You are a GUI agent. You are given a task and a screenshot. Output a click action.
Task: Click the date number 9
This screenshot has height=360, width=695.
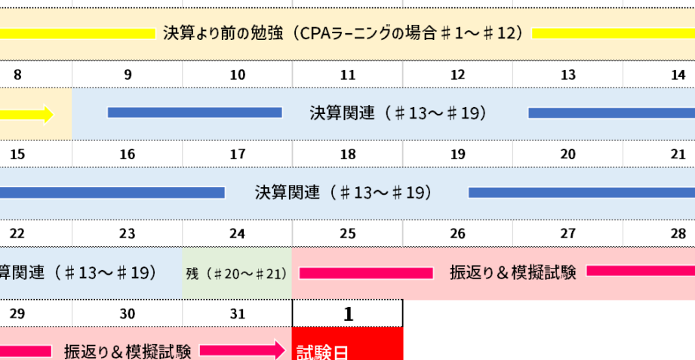(x=128, y=75)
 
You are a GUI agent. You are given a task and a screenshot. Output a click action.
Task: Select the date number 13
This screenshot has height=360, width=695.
(x=567, y=75)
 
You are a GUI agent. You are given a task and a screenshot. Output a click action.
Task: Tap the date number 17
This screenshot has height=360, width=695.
(x=238, y=154)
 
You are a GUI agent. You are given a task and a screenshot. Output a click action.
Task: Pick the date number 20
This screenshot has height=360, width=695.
(x=567, y=154)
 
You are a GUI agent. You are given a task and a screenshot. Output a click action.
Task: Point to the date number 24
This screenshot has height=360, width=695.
(x=238, y=234)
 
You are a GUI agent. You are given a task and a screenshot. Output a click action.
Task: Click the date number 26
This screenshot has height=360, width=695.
(x=458, y=234)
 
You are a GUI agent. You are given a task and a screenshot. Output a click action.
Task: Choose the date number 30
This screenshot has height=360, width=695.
(x=128, y=314)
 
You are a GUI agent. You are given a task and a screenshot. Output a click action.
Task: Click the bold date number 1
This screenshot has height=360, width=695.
(x=349, y=314)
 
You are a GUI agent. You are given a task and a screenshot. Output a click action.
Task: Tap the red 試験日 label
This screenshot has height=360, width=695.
(x=321, y=353)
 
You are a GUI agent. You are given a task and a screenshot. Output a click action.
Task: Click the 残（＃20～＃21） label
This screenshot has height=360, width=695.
(x=237, y=274)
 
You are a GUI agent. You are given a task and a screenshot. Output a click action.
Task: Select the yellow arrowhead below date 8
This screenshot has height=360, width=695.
(x=48, y=115)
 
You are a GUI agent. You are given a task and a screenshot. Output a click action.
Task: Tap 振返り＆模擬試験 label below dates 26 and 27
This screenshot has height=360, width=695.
(x=513, y=272)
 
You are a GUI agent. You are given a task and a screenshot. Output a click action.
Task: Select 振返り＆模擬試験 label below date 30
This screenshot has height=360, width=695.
(x=128, y=352)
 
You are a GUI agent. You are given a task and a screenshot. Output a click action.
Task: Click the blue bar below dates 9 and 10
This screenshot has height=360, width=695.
(x=195, y=112)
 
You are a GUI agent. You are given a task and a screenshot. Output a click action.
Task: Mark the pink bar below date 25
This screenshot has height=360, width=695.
(x=366, y=273)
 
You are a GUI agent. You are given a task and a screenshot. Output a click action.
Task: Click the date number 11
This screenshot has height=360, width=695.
(x=348, y=75)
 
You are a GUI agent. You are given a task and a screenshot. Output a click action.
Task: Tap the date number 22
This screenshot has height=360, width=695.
(x=17, y=234)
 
